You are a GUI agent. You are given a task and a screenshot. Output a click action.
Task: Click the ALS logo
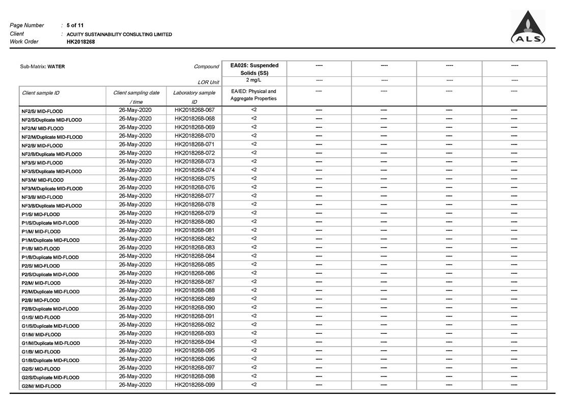pyautogui.click(x=528, y=28)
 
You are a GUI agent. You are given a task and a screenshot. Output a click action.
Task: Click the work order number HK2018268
pyautogui.click(x=80, y=42)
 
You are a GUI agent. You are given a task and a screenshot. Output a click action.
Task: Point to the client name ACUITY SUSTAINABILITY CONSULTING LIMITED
pyautogui.click(x=119, y=34)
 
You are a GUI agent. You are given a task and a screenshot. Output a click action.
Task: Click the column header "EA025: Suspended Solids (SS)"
pyautogui.click(x=254, y=69)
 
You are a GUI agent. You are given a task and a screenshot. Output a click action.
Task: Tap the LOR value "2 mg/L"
pyautogui.click(x=254, y=80)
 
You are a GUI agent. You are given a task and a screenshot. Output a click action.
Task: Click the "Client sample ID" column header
pyautogui.click(x=41, y=93)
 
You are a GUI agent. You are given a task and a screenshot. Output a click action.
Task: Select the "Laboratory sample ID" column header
pyautogui.click(x=194, y=97)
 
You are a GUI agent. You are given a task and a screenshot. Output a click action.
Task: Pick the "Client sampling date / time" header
pyautogui.click(x=136, y=97)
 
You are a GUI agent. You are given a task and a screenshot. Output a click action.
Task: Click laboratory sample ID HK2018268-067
pyautogui.click(x=194, y=110)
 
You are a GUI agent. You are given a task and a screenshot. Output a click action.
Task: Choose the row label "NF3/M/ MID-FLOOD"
pyautogui.click(x=42, y=180)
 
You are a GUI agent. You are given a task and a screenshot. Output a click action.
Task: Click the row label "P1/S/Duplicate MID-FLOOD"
pyautogui.click(x=50, y=223)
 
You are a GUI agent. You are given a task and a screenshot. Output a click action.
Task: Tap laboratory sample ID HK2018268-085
pyautogui.click(x=194, y=265)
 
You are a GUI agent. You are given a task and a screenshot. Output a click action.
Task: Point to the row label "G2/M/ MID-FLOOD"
pyautogui.click(x=41, y=386)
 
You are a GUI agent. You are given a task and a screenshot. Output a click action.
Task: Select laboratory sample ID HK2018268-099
pyautogui.click(x=194, y=385)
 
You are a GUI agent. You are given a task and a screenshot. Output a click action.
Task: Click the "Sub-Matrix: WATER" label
pyautogui.click(x=42, y=67)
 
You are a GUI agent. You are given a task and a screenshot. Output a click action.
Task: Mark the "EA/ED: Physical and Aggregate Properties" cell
pyautogui.click(x=253, y=95)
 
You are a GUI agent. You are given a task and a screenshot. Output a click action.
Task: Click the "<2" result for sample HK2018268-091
pyautogui.click(x=254, y=316)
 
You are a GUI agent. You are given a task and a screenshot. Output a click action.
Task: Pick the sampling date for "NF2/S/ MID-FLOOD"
pyautogui.click(x=135, y=110)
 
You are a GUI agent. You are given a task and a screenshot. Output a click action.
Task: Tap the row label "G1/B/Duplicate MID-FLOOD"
pyautogui.click(x=50, y=360)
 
